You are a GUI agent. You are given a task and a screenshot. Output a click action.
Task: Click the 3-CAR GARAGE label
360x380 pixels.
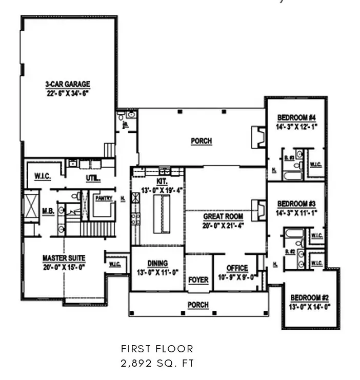pyautogui.click(x=67, y=84)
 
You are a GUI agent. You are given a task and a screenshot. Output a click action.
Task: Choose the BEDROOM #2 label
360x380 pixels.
pyautogui.click(x=310, y=298)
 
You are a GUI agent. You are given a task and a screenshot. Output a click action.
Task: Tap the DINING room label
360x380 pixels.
pyautogui.click(x=157, y=264)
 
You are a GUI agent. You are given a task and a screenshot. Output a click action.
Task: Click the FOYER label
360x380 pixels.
pyautogui.click(x=198, y=280)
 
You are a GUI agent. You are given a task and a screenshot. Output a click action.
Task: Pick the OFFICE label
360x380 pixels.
pyautogui.click(x=237, y=268)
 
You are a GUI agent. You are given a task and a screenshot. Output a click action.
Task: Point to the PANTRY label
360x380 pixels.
pyautogui.click(x=104, y=198)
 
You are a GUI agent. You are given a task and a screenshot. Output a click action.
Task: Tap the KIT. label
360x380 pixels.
pyautogui.click(x=162, y=182)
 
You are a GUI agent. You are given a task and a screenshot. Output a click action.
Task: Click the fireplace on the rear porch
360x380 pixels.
pyautogui.click(x=257, y=136)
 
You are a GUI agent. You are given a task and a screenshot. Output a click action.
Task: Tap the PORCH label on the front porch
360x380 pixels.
pyautogui.click(x=198, y=305)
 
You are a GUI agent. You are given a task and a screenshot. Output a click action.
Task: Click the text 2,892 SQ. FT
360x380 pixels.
pyautogui.click(x=157, y=364)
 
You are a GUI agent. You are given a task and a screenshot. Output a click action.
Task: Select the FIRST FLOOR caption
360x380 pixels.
pyautogui.click(x=157, y=349)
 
